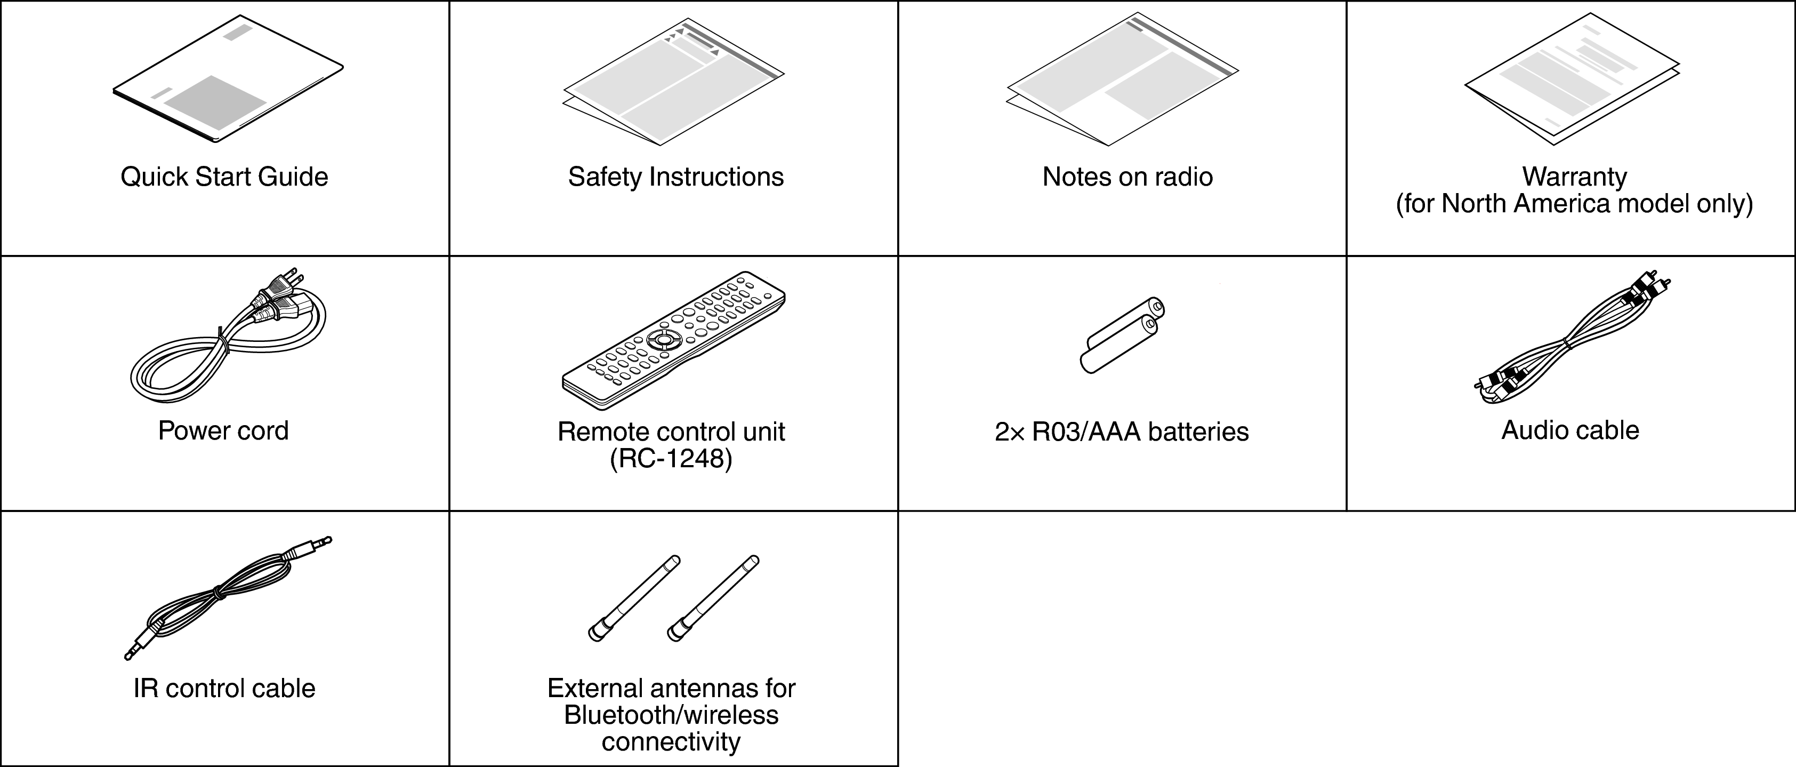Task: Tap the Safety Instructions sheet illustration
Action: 673,82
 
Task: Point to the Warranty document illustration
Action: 1572,79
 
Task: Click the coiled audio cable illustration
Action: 1572,340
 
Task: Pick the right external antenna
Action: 713,597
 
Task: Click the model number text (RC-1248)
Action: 671,459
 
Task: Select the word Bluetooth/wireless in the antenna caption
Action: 671,715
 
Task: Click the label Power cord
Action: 223,430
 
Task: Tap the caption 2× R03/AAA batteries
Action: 1122,432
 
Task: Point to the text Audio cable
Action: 1570,430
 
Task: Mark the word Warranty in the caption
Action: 1574,177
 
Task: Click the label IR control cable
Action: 224,688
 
